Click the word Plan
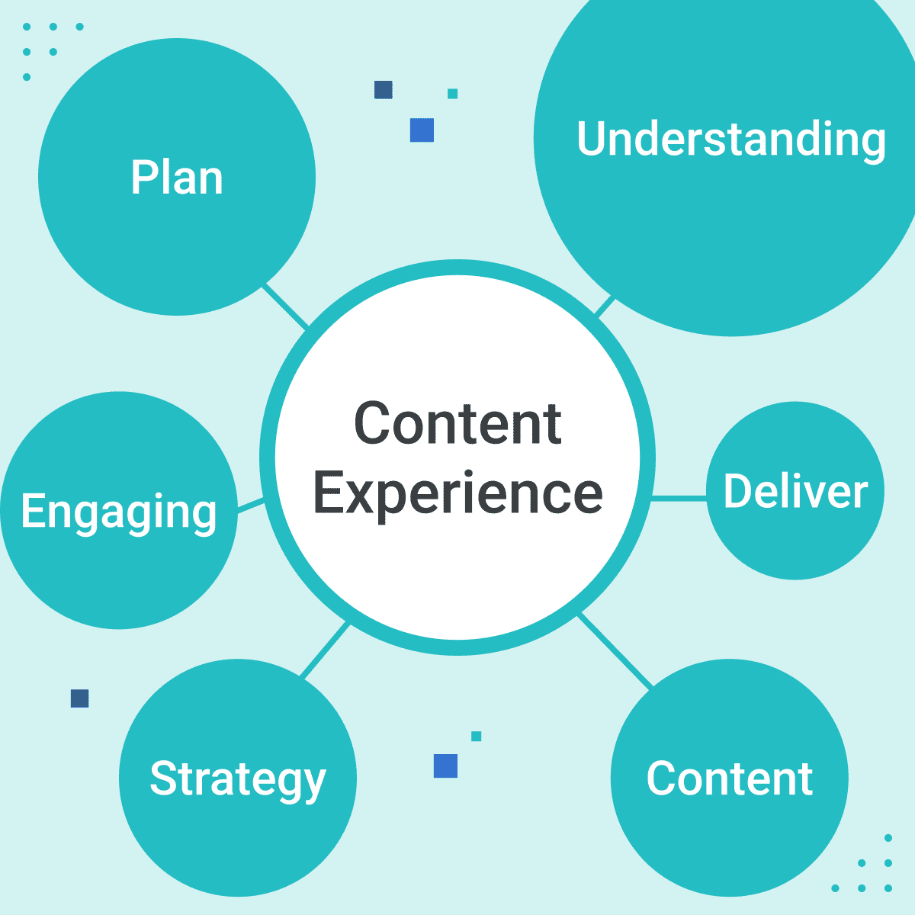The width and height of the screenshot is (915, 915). coord(177,178)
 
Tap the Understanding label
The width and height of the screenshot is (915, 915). coord(731,140)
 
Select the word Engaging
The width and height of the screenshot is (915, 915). coord(119,512)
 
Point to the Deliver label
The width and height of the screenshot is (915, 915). coord(795,491)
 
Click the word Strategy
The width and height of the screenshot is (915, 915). coord(238,779)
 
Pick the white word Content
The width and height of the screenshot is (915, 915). coord(730,779)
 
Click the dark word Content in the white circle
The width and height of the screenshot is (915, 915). coord(458,424)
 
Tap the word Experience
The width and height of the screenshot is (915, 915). coord(458,493)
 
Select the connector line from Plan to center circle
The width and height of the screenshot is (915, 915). coord(286,307)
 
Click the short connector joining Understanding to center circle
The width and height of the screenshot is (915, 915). coord(604,307)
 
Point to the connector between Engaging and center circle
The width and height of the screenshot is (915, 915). coord(250,505)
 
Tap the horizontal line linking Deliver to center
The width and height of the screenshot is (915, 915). coord(679,499)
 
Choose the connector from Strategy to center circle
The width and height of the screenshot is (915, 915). coord(326,650)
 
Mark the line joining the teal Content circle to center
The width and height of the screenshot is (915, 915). coord(616,651)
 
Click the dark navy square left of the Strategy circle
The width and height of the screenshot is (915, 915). coord(79,698)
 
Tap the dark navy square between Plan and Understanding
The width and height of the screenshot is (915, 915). coord(384,90)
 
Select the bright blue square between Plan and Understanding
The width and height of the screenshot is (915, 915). coord(422,130)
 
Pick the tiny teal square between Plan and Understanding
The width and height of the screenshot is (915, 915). coord(453,94)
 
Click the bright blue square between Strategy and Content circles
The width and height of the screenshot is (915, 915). coord(445,766)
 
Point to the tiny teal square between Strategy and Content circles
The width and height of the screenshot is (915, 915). coord(477,737)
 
